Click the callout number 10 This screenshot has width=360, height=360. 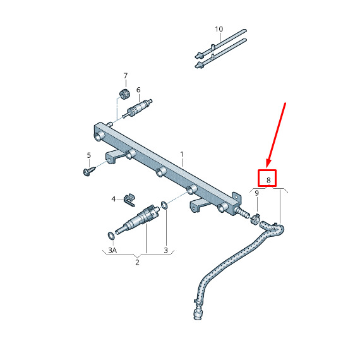[x=219, y=29]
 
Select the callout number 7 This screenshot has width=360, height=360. [x=125, y=76]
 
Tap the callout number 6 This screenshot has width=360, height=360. [x=138, y=90]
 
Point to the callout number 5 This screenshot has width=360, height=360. [x=89, y=155]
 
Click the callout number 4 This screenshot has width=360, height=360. [x=114, y=199]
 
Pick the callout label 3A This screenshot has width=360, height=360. [x=112, y=250]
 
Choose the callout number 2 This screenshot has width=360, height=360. [x=137, y=262]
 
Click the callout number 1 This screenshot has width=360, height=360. [x=182, y=154]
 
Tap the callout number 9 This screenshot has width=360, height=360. [x=256, y=193]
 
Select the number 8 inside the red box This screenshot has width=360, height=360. [x=268, y=180]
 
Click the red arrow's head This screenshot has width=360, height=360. [x=268, y=165]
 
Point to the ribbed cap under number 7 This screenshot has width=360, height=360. [x=124, y=94]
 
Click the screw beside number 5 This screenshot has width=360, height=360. [x=89, y=171]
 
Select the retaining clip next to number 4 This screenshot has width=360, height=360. [x=129, y=200]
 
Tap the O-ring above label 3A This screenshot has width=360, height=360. [x=111, y=236]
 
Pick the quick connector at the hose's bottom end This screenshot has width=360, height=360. [x=198, y=311]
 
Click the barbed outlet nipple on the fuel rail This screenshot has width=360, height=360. [x=243, y=212]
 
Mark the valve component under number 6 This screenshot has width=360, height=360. [x=137, y=108]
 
